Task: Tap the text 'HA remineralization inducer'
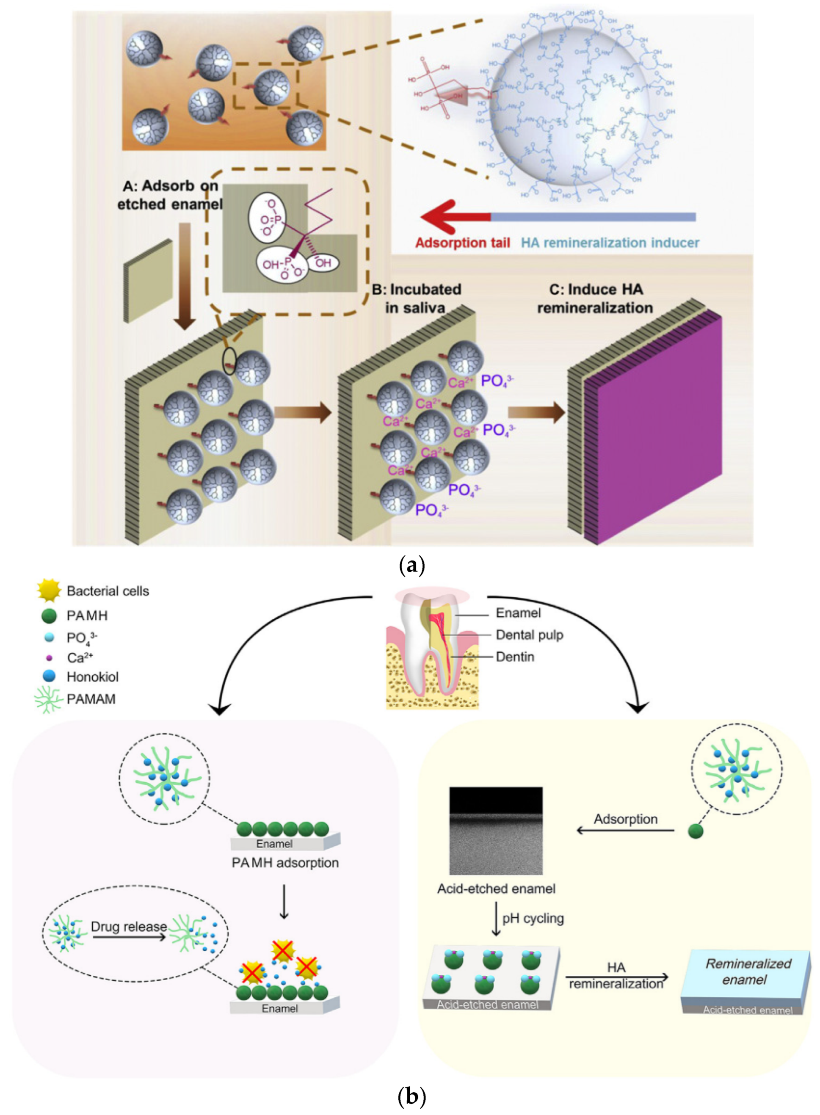[610, 243]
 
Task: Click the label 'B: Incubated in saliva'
[416, 298]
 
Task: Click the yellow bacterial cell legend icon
[49, 591]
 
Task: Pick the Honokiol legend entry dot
[49, 676]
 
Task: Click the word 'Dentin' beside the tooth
[515, 657]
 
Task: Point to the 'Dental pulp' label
[529, 635]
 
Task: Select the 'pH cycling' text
[533, 918]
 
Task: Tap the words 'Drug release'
[129, 927]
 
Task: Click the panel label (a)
[411, 565]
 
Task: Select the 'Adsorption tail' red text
[462, 243]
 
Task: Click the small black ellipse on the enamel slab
[229, 361]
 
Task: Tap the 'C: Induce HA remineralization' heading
[595, 298]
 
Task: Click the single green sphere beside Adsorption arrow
[696, 831]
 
